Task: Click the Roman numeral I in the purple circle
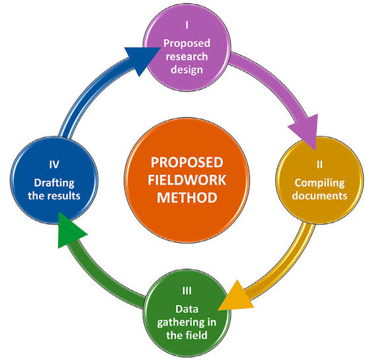pos(187,26)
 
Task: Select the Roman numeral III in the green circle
pos(186,291)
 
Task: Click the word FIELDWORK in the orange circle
pos(187,180)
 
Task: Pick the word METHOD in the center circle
pos(187,197)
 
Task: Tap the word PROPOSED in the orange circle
pos(187,163)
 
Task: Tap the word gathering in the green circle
pos(186,322)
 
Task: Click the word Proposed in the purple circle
pos(187,41)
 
